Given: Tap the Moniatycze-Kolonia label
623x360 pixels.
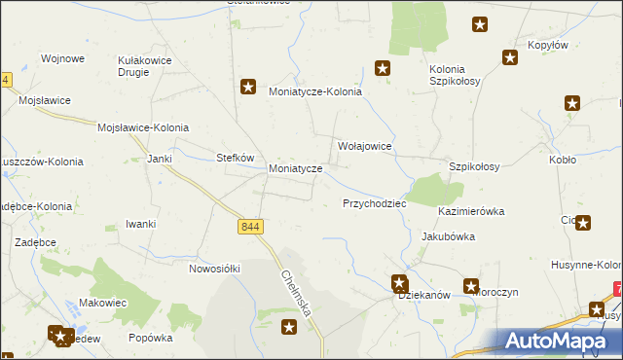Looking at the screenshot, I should tap(314, 91).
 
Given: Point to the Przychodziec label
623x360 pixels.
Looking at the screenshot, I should tap(374, 204).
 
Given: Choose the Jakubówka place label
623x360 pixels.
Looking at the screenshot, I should tap(447, 235).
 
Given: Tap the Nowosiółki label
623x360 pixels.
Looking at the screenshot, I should tap(214, 268).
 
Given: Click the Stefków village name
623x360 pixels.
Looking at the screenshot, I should tap(235, 157).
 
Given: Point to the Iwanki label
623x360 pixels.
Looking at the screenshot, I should tap(141, 224).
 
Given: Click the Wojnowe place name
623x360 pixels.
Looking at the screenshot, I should tap(62, 58).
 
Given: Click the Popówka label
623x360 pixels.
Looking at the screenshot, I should tap(150, 338).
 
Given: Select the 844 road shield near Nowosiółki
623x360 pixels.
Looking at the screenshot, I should tap(250, 227).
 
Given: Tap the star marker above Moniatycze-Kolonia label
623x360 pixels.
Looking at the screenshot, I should tap(248, 87).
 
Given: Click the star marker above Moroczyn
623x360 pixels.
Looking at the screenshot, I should tap(471, 286).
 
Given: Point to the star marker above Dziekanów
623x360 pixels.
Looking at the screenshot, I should tap(399, 283).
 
